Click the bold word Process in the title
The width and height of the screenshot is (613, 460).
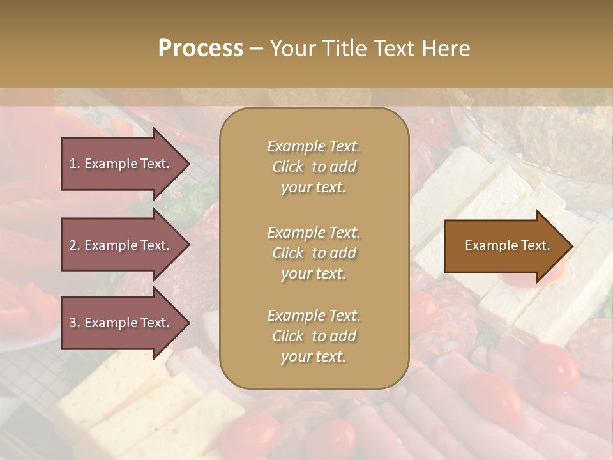tap(201, 49)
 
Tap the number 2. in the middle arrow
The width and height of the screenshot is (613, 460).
tap(75, 245)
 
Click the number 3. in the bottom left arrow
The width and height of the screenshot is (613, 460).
tap(75, 323)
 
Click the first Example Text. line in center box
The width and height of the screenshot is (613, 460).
tap(314, 146)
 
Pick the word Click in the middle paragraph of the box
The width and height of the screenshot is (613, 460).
tap(288, 253)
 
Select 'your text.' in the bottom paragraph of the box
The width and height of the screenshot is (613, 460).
tap(314, 356)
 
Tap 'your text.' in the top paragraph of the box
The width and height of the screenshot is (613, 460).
tap(314, 188)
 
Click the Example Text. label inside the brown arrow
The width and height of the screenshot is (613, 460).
tap(507, 245)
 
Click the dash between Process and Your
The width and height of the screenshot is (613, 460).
tap(256, 49)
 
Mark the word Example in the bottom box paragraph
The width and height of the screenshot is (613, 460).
tap(294, 316)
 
